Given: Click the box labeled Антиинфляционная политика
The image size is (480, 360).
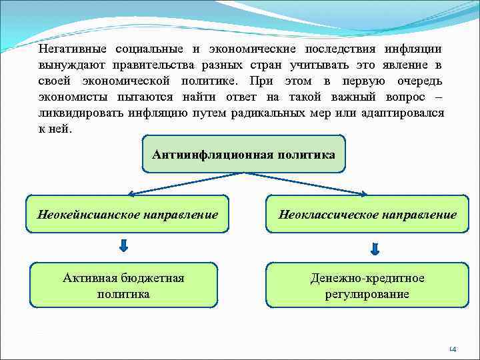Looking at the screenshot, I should (x=244, y=154).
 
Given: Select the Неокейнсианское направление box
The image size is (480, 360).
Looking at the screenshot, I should (x=127, y=214).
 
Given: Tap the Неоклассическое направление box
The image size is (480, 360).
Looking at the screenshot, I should (x=367, y=214).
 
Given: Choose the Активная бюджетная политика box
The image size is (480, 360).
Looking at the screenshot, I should (x=124, y=285).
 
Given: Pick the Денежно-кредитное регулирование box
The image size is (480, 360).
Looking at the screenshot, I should (x=367, y=285).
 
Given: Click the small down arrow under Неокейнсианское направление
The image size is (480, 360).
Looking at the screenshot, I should (x=124, y=246).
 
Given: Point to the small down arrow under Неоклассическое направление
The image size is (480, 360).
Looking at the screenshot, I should (x=375, y=249).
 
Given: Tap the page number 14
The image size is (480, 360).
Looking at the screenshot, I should (x=451, y=348).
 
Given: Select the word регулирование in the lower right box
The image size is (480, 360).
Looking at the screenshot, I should (x=367, y=293).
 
